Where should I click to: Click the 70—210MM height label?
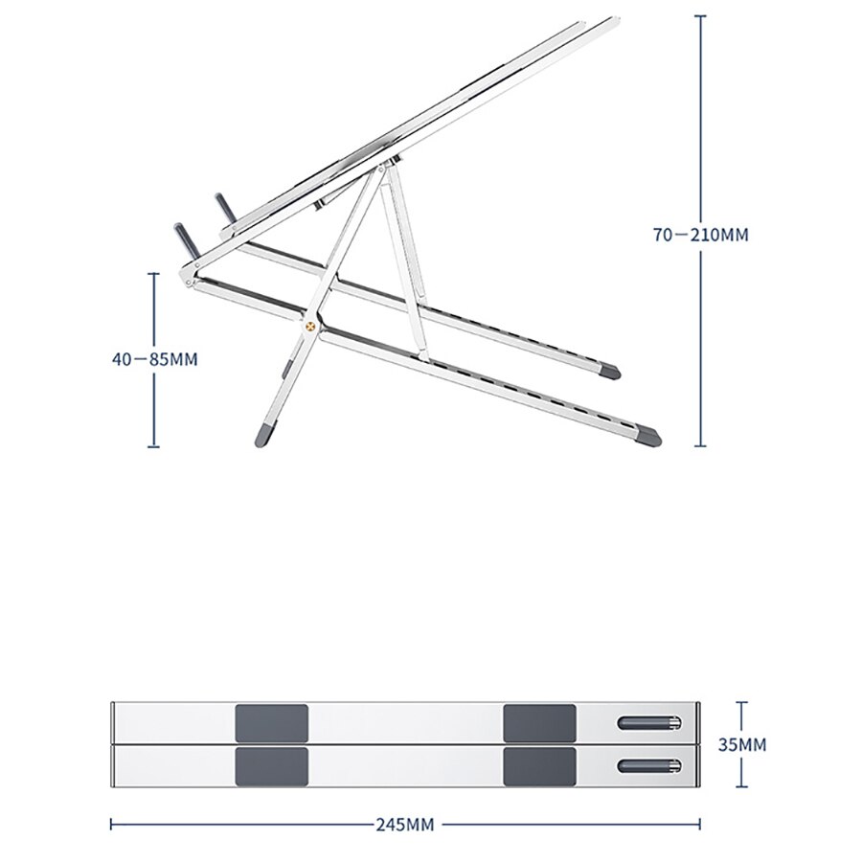[x=701, y=234]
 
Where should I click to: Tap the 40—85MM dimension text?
[x=153, y=359]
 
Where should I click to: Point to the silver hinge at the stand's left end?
[x=187, y=281]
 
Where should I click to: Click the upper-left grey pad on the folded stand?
[x=271, y=720]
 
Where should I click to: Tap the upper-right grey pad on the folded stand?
[x=539, y=720]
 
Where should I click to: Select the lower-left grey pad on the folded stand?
[x=271, y=765]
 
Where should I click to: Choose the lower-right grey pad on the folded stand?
[x=539, y=765]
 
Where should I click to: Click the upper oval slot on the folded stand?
[x=650, y=722]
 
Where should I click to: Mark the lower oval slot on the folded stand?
[x=650, y=764]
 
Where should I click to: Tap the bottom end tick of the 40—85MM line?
[x=153, y=446]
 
